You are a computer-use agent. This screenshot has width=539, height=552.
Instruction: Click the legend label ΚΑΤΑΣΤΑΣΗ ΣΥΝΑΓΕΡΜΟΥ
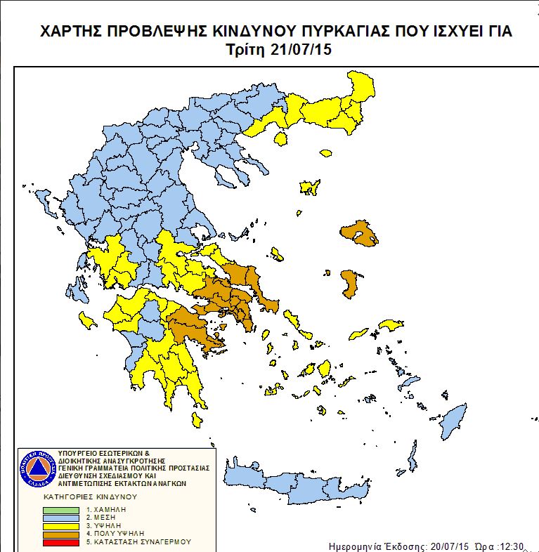tap(138, 542)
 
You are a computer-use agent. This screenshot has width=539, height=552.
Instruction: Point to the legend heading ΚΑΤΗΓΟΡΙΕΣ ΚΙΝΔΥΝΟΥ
tap(86, 496)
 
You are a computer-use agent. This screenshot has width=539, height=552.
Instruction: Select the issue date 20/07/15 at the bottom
tap(448, 546)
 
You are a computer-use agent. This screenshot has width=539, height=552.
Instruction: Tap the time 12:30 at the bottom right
tap(514, 546)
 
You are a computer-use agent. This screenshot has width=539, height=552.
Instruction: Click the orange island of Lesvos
tap(359, 235)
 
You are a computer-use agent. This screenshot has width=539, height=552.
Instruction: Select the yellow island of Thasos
tap(282, 138)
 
